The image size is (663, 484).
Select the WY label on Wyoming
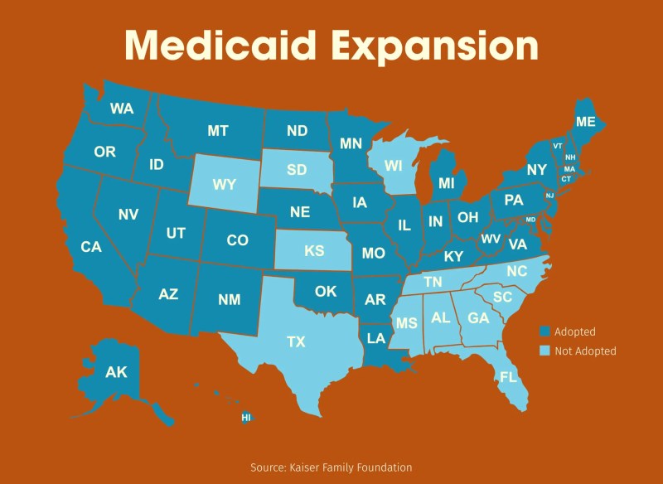(x=224, y=184)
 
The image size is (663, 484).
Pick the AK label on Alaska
(x=116, y=373)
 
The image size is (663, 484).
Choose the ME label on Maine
(x=586, y=122)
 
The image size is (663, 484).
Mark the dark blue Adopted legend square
(x=544, y=331)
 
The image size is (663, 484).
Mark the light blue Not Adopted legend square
(x=544, y=351)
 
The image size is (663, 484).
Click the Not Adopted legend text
(x=585, y=351)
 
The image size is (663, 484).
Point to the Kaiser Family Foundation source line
(x=331, y=467)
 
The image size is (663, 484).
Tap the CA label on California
(x=90, y=247)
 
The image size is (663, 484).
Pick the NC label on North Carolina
(x=517, y=271)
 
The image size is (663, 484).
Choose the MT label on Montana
(x=218, y=131)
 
